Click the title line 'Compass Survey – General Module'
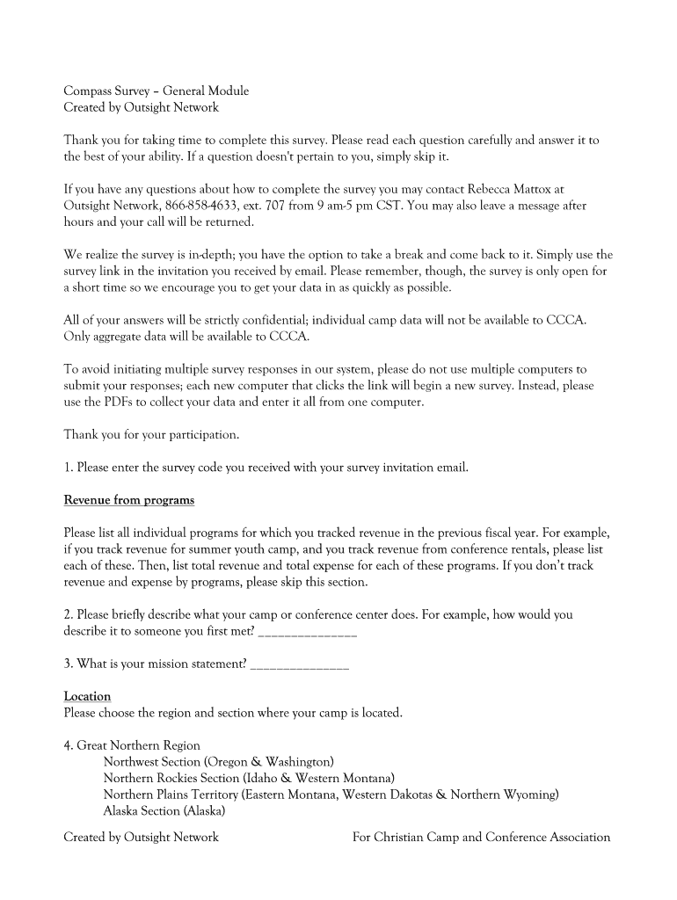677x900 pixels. pyautogui.click(x=156, y=91)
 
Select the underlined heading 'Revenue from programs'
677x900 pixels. pyautogui.click(x=128, y=500)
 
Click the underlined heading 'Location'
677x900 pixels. pyautogui.click(x=87, y=696)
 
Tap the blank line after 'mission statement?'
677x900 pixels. pyautogui.click(x=300, y=664)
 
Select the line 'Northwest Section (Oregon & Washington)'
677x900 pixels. pyautogui.click(x=218, y=761)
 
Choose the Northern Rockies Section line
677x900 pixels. pyautogui.click(x=249, y=778)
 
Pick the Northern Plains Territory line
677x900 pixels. pyautogui.click(x=331, y=795)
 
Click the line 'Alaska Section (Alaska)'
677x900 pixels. pyautogui.click(x=164, y=810)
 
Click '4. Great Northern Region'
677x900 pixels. pyautogui.click(x=132, y=745)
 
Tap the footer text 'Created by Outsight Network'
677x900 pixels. pyautogui.click(x=141, y=837)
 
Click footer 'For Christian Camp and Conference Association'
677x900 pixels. pyautogui.click(x=481, y=837)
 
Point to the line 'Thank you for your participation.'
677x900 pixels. pyautogui.click(x=151, y=434)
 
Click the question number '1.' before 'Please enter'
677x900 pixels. pyautogui.click(x=69, y=468)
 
